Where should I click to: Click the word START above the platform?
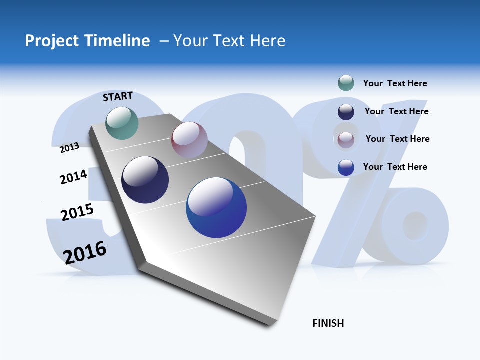[118, 96]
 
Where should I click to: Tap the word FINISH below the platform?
[328, 323]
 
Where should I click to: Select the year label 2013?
[69, 147]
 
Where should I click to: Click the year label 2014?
[73, 177]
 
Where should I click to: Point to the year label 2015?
[77, 212]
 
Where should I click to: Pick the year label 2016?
[85, 252]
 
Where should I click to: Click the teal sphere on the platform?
[122, 123]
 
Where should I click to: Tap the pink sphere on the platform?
[189, 139]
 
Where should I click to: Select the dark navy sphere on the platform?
[145, 180]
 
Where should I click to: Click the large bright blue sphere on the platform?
[216, 207]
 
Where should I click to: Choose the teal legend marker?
[346, 83]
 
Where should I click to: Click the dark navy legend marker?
[346, 112]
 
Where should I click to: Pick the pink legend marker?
[346, 140]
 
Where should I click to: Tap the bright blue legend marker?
[346, 167]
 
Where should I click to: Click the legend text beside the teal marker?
[395, 83]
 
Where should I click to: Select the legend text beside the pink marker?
[397, 139]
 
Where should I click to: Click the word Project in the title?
[51, 41]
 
